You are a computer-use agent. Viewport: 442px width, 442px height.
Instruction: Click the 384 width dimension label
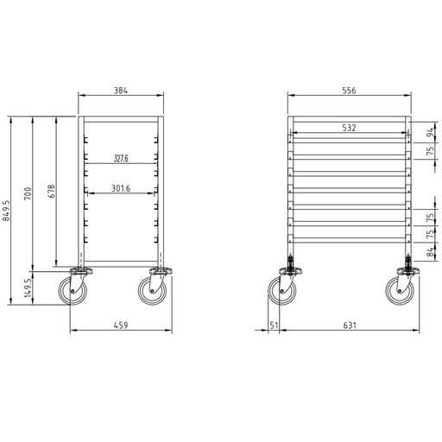121,91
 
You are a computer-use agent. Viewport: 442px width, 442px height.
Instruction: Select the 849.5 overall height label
6,211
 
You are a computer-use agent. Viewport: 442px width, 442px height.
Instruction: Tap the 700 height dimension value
28,193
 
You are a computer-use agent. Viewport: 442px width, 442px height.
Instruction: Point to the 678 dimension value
52,191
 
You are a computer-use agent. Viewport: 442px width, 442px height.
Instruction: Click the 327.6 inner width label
121,159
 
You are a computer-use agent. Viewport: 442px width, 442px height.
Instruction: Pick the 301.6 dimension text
121,188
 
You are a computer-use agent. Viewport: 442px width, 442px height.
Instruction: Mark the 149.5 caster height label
28,287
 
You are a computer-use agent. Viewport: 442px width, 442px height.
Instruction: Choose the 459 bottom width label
121,325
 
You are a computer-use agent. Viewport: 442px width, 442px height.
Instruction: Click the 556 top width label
349,91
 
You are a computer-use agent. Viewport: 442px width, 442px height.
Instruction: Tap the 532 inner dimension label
349,128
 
